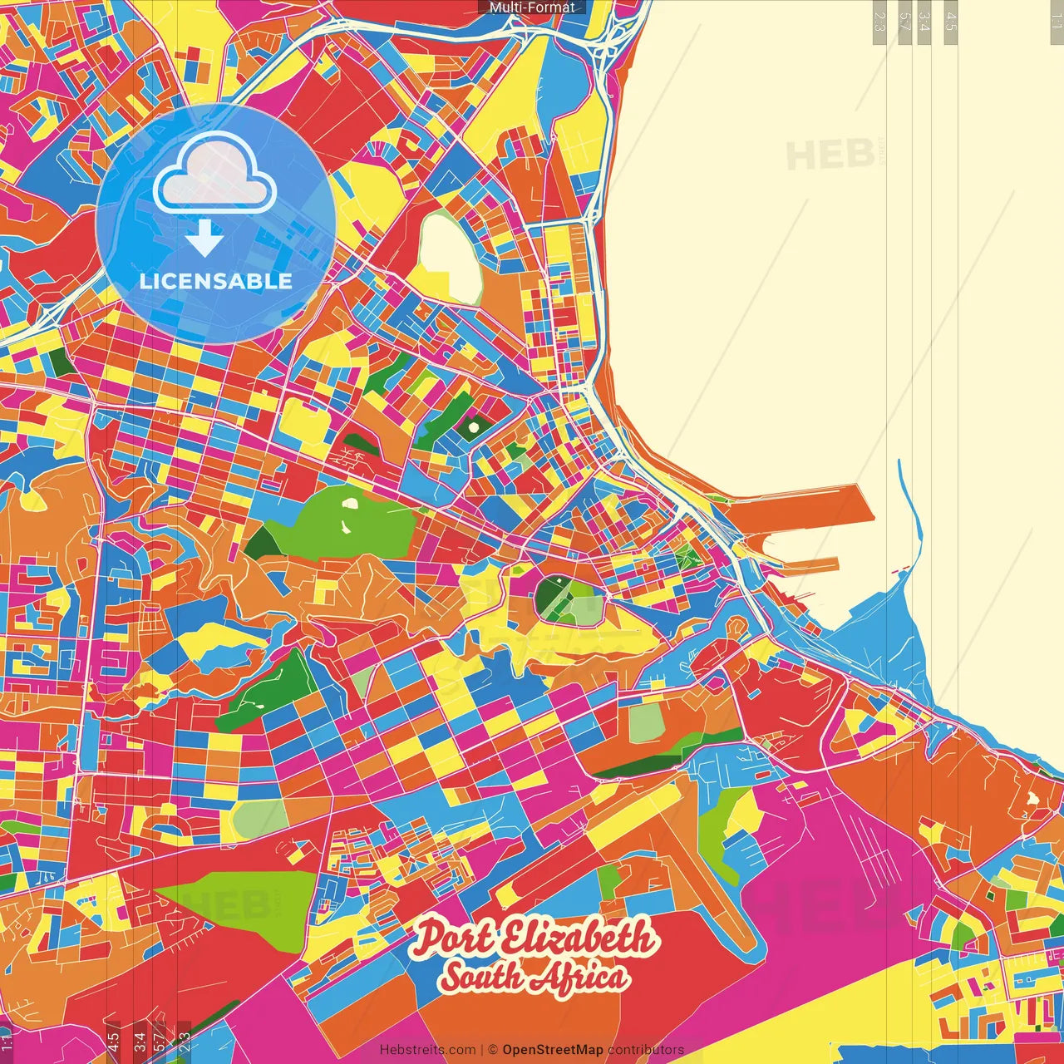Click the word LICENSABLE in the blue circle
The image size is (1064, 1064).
tap(216, 281)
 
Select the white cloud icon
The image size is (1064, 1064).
tap(214, 173)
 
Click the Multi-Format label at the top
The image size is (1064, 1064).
tap(532, 7)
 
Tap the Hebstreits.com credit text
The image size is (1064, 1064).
tap(427, 1050)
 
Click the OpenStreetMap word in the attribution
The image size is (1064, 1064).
tap(552, 1050)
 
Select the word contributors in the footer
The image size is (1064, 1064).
tap(646, 1050)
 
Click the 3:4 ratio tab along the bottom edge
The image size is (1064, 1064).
tap(140, 1041)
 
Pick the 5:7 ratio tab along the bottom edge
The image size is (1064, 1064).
tap(160, 1041)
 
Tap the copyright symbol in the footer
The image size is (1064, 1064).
tap(493, 1050)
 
